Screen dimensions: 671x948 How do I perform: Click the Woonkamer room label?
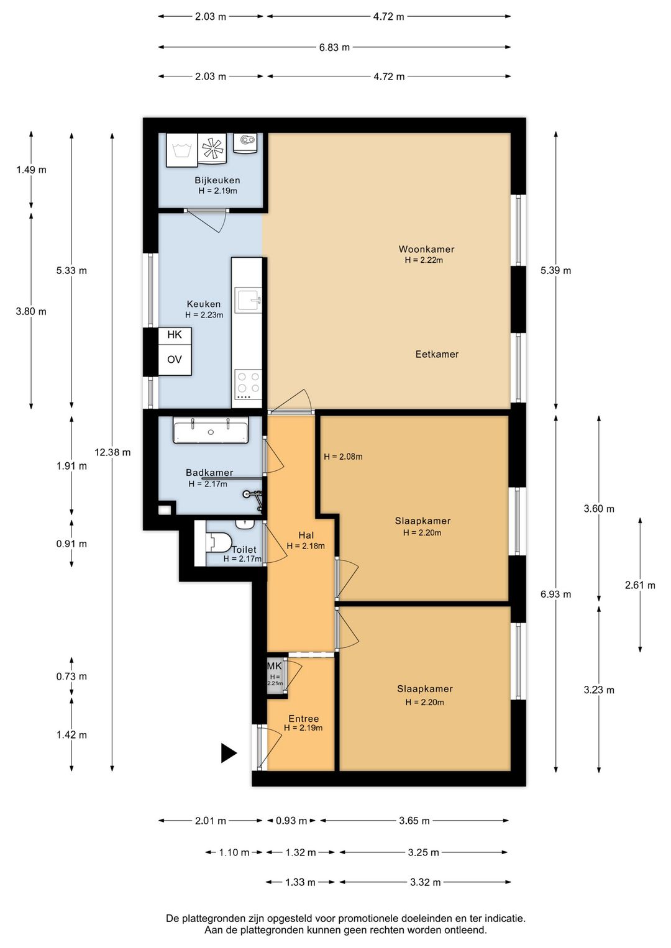pyautogui.click(x=426, y=249)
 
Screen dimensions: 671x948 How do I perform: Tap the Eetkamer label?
pyautogui.click(x=437, y=354)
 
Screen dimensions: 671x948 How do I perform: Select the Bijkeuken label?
pyautogui.click(x=217, y=180)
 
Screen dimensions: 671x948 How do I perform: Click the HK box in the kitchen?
pyautogui.click(x=175, y=335)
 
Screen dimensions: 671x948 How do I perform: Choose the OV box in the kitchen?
pyautogui.click(x=175, y=360)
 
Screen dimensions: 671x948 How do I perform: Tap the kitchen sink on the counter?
pyautogui.click(x=249, y=301)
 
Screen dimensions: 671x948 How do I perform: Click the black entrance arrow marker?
pyautogui.click(x=229, y=754)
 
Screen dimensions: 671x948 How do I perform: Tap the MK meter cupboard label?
pyautogui.click(x=275, y=666)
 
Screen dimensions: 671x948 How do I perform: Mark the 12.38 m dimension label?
pyautogui.click(x=112, y=452)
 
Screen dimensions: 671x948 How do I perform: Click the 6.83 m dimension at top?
pyautogui.click(x=334, y=47)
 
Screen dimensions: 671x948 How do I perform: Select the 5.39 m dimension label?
pyautogui.click(x=555, y=270)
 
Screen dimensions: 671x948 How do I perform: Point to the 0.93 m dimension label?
pyautogui.click(x=291, y=821)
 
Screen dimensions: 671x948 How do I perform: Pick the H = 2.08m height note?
pyautogui.click(x=343, y=457)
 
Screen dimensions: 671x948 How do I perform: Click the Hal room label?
pyautogui.click(x=306, y=536)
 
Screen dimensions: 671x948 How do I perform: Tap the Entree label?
pyautogui.click(x=304, y=718)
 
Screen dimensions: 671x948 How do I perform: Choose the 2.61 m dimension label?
pyautogui.click(x=640, y=585)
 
